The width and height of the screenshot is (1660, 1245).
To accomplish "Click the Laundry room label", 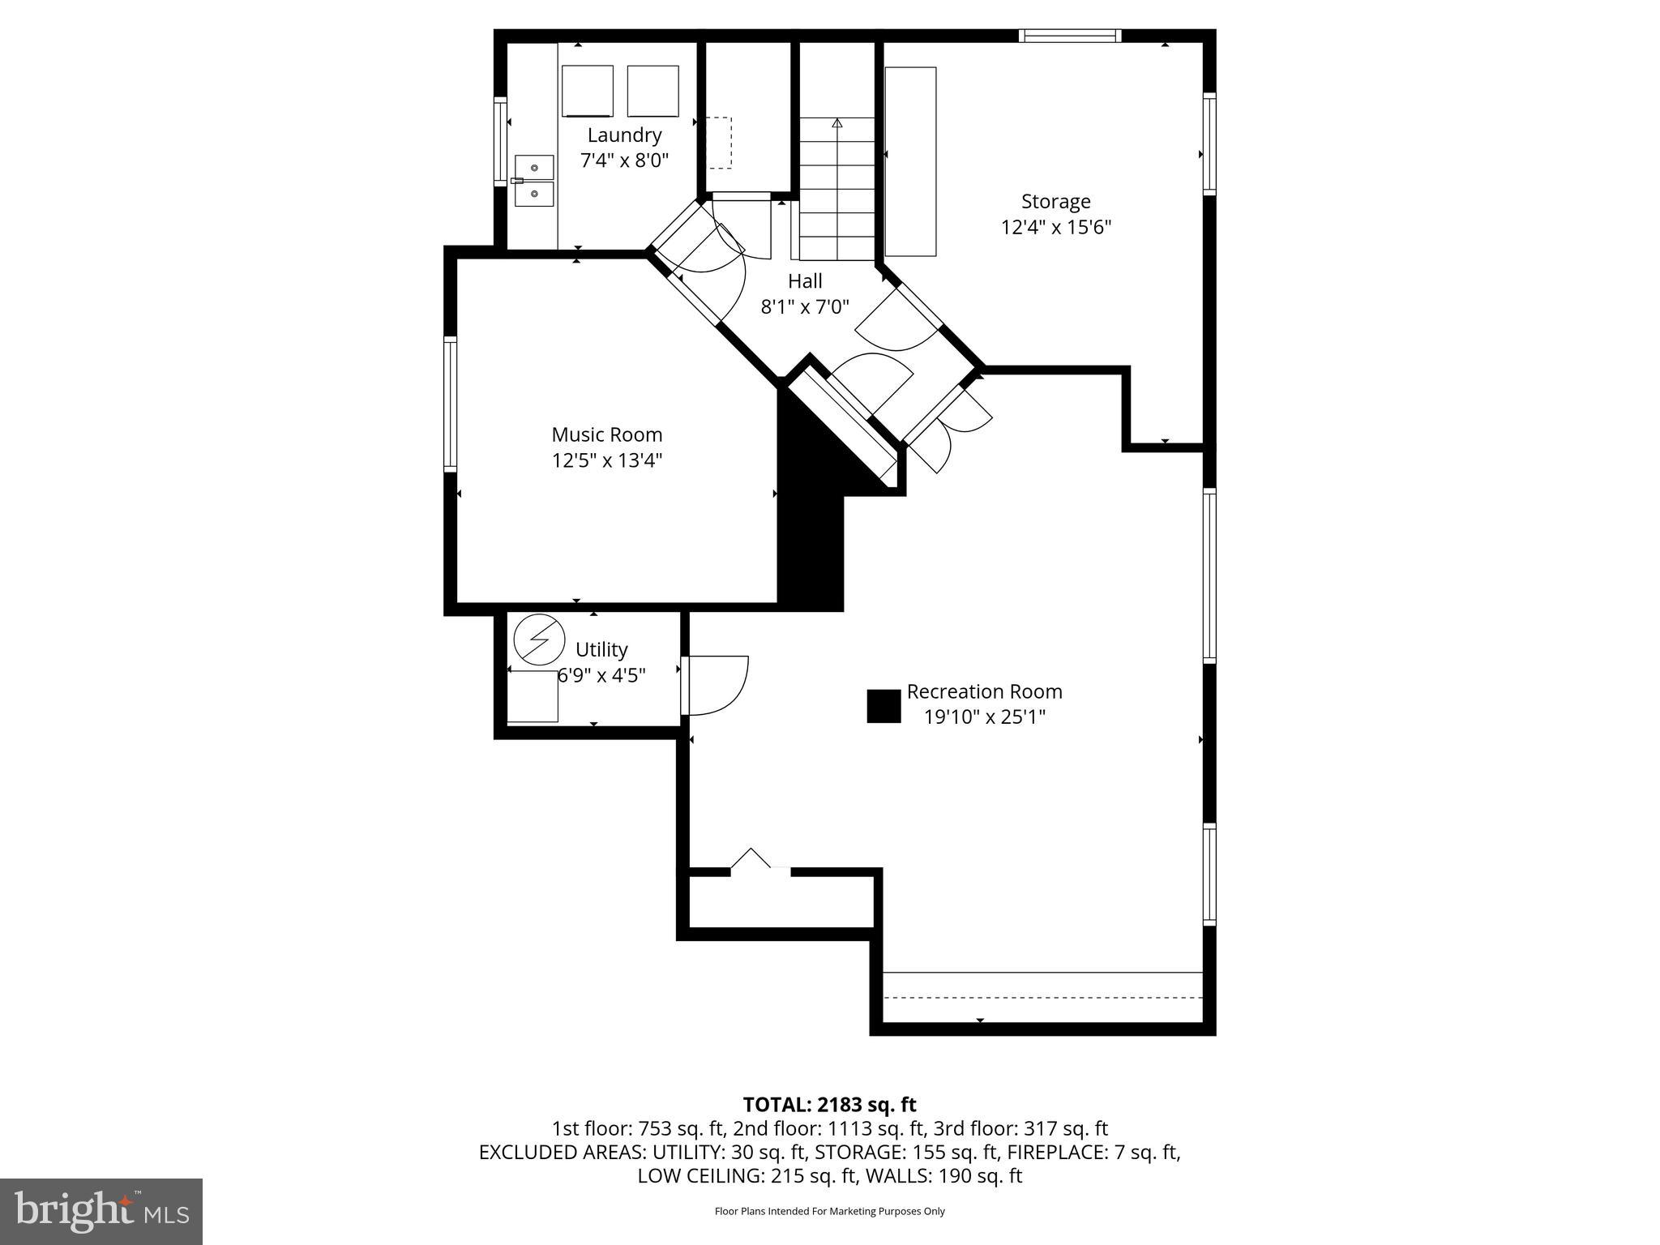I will pyautogui.click(x=624, y=135).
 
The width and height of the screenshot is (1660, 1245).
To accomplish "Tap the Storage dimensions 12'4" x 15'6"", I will pyautogui.click(x=1055, y=227).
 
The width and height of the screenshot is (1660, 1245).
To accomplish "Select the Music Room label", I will pyautogui.click(x=606, y=434).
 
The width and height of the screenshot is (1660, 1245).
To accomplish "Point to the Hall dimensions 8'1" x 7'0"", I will pyautogui.click(x=804, y=307).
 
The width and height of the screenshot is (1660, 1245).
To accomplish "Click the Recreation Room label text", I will pyautogui.click(x=984, y=691).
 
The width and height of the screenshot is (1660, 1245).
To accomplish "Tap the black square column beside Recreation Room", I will pyautogui.click(x=883, y=706).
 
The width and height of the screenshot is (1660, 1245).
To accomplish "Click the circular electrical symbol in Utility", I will pyautogui.click(x=539, y=637).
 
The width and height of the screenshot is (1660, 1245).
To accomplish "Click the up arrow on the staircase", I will pyautogui.click(x=837, y=124).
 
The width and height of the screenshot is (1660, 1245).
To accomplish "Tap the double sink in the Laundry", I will pyautogui.click(x=534, y=181).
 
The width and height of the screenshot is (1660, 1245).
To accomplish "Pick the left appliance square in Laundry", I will pyautogui.click(x=587, y=91).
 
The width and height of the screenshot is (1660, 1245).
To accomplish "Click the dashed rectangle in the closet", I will pyautogui.click(x=718, y=143).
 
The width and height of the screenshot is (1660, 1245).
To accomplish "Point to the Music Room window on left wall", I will pyautogui.click(x=450, y=403).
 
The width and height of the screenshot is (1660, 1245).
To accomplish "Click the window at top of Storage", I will pyautogui.click(x=1070, y=36).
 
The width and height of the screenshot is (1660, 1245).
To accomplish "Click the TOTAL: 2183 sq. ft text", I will pyautogui.click(x=829, y=1105).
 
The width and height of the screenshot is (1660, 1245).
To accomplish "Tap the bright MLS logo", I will pyautogui.click(x=101, y=1211).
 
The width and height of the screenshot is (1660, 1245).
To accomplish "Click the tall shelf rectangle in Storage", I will pyautogui.click(x=910, y=161).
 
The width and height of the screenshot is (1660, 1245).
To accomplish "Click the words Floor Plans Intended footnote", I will pyautogui.click(x=829, y=1211).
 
